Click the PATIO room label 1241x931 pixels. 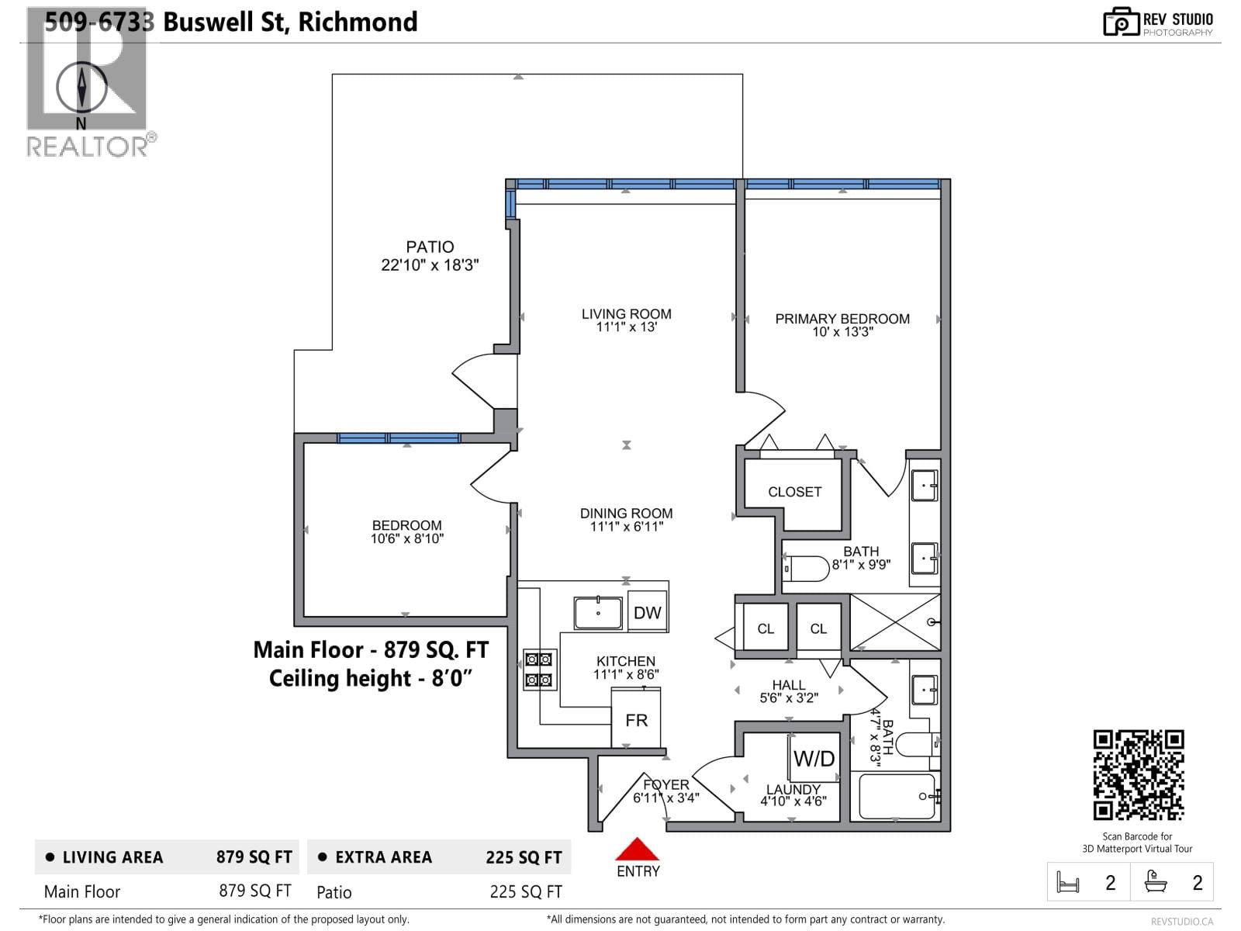click(x=430, y=247)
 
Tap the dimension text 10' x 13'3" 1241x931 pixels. click(x=842, y=332)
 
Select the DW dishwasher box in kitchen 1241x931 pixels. click(x=647, y=613)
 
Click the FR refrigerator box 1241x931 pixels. click(x=636, y=720)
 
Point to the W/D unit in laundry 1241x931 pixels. click(x=814, y=758)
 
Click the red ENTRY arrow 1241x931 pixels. click(x=637, y=850)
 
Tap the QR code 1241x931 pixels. click(x=1138, y=774)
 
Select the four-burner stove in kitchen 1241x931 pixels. click(x=539, y=670)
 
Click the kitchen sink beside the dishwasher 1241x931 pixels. click(x=598, y=613)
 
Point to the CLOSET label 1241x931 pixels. click(x=794, y=492)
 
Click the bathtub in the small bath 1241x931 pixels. click(x=897, y=796)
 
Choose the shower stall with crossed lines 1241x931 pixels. click(x=895, y=621)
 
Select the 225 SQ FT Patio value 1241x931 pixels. click(x=525, y=892)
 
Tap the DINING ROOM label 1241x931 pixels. click(x=626, y=514)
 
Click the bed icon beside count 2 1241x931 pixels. click(x=1068, y=883)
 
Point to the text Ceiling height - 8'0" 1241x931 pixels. click(x=370, y=679)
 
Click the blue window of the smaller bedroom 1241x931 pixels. click(x=399, y=438)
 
